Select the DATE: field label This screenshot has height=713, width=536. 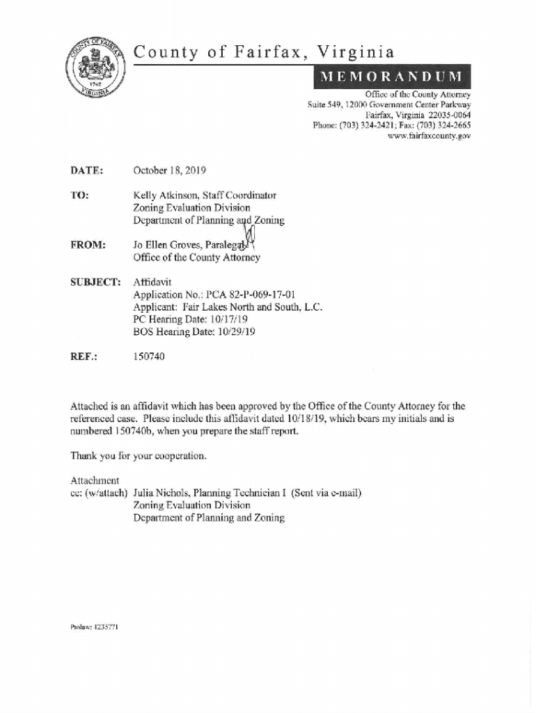87,170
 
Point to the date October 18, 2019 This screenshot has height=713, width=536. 169,170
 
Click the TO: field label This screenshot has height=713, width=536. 79,196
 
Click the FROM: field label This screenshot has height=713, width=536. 88,246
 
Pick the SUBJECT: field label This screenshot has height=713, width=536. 96,282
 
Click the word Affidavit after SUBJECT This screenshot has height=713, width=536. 152,282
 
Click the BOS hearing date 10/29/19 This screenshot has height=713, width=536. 232,332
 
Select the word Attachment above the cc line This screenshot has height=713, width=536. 95,481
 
